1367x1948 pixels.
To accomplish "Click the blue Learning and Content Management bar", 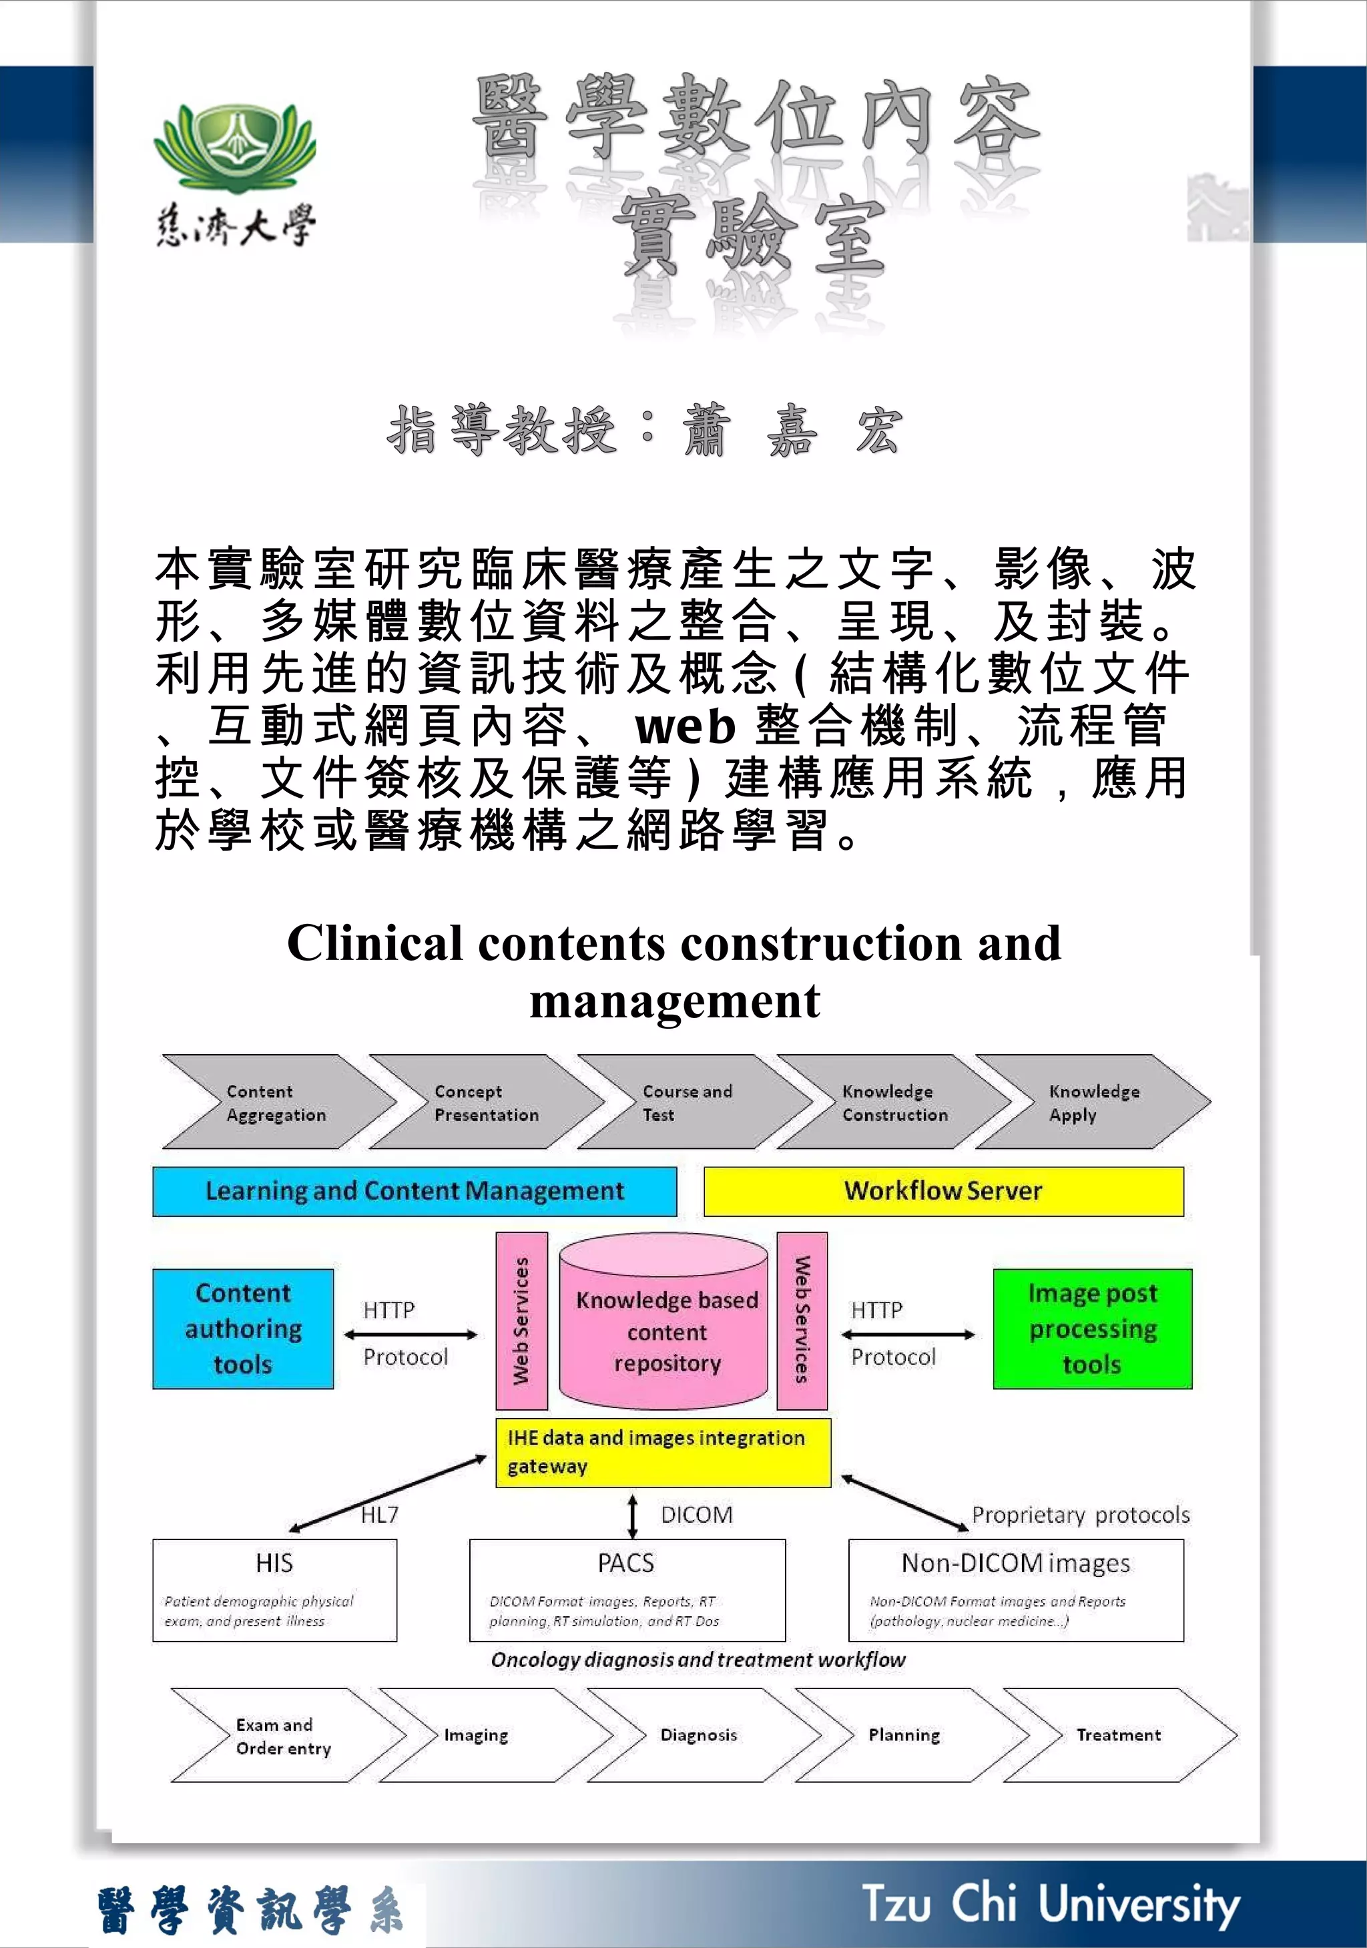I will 414,1191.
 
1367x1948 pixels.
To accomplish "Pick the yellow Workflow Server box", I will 942,1191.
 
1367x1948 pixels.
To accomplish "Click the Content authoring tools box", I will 243,1328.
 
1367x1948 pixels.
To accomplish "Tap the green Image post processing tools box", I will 1092,1328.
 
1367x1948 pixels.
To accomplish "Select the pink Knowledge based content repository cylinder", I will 666,1324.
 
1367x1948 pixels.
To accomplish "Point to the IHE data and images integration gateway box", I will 663,1452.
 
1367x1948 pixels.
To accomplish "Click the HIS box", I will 274,1590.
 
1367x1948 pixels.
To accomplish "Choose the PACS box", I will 627,1590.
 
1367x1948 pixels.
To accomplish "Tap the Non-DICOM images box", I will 1016,1590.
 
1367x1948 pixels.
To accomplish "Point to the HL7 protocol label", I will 379,1515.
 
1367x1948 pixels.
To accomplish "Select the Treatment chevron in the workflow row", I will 1119,1735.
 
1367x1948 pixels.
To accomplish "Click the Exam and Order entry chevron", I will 284,1736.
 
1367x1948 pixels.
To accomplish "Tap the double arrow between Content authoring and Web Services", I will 411,1334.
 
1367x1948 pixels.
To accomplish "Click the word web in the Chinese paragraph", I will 685,726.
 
